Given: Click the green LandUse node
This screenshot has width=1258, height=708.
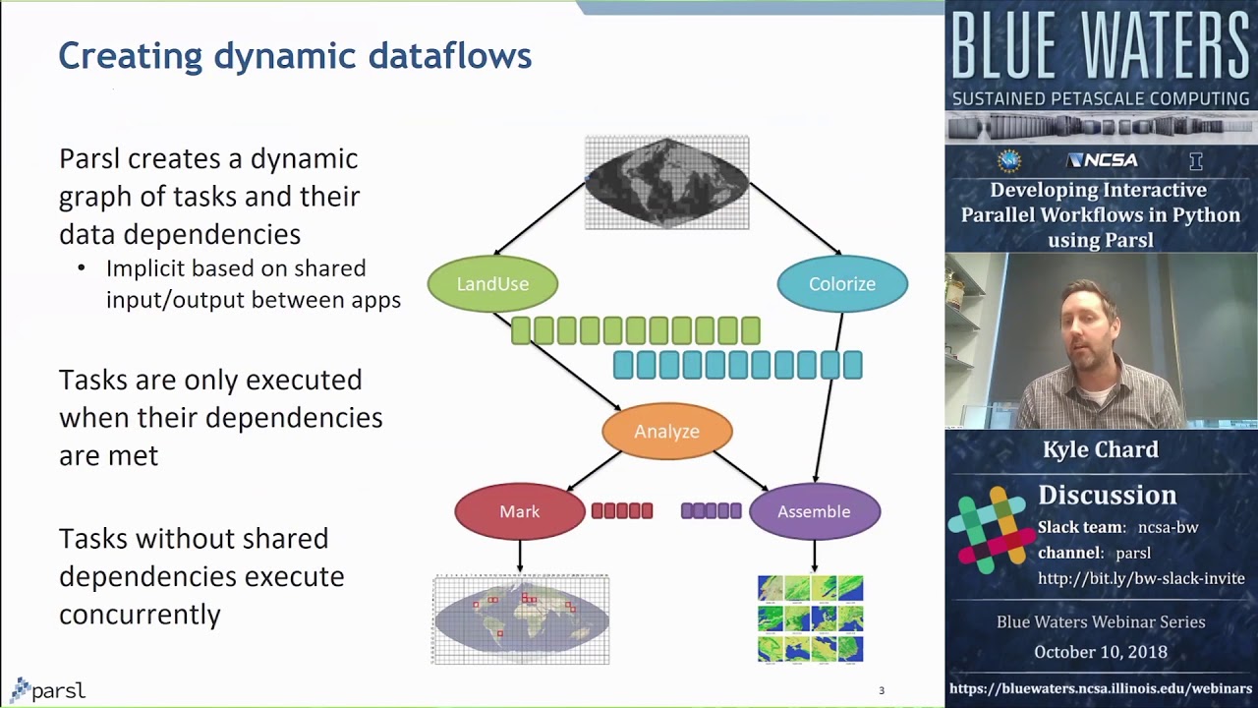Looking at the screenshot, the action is [492, 284].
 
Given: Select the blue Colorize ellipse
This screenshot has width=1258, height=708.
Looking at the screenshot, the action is [842, 284].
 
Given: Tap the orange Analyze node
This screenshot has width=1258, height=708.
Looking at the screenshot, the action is [667, 431].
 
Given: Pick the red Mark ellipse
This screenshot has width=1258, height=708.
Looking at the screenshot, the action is [520, 511].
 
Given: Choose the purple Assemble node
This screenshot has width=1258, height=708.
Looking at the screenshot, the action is [815, 511].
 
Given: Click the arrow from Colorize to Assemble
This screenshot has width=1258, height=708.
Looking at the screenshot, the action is [829, 397].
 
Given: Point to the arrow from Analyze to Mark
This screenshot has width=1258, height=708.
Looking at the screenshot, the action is [595, 471].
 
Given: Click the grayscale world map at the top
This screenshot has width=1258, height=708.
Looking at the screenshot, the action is [667, 183].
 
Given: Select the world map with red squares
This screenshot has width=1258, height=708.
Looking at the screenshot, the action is [521, 619].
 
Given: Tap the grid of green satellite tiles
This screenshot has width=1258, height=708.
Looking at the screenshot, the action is [811, 619].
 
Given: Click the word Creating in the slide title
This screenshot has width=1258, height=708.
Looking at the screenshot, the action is [131, 56].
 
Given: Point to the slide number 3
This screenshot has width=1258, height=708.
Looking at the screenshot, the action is [882, 690].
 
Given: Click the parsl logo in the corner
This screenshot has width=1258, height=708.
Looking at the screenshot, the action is [48, 690].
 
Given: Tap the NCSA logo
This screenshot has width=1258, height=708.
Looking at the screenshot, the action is [1102, 160].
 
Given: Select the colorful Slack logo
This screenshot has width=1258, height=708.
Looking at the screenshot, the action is [992, 530].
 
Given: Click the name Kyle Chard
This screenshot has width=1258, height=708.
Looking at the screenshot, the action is [1101, 449].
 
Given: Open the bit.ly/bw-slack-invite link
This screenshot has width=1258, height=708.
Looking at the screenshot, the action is [1141, 578].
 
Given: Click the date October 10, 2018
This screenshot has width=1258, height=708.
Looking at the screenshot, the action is [1101, 652].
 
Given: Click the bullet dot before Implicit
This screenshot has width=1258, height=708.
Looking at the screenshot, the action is [82, 268].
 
